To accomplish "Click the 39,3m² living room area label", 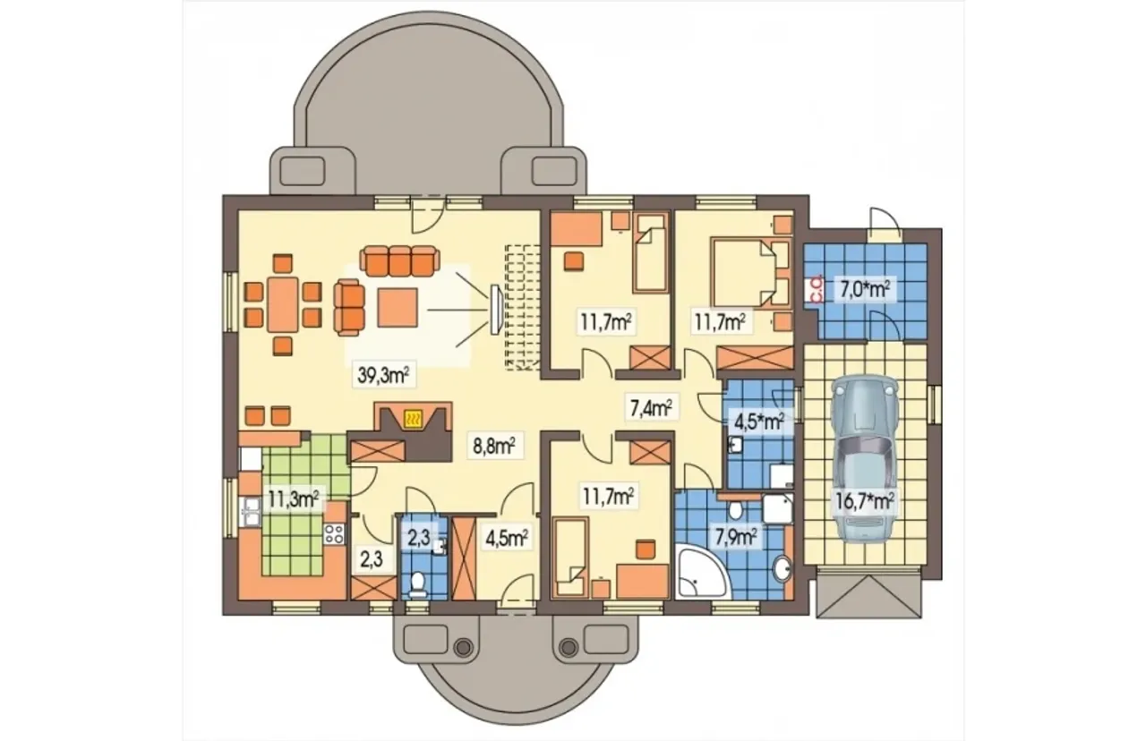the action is pyautogui.click(x=383, y=375).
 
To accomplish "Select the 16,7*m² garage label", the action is pyautogui.click(x=865, y=502).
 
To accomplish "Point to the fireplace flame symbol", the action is pyautogui.click(x=413, y=420).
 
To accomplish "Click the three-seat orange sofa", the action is pyautogui.click(x=399, y=261).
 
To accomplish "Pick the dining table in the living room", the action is pyautogui.click(x=282, y=305).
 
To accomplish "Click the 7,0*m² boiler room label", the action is pyautogui.click(x=865, y=289).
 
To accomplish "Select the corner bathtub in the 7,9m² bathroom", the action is pyautogui.click(x=701, y=572).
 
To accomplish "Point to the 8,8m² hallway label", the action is pyautogui.click(x=494, y=447).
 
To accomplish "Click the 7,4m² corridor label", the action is pyautogui.click(x=651, y=408).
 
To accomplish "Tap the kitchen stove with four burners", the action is pyautogui.click(x=334, y=534).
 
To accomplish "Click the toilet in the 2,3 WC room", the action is pyautogui.click(x=418, y=584).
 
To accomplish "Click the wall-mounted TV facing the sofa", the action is pyautogui.click(x=495, y=310).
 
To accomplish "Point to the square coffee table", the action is pyautogui.click(x=398, y=307).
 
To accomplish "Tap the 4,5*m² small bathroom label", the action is pyautogui.click(x=760, y=422).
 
